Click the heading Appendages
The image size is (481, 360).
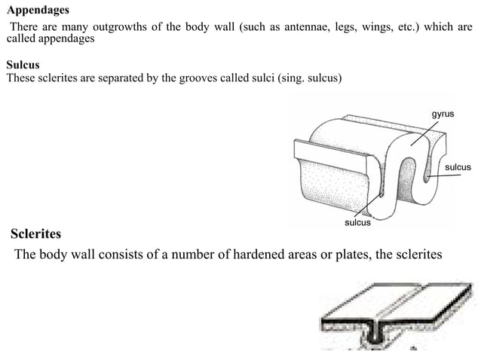pos(37,11)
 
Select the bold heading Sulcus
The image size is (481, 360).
pos(23,66)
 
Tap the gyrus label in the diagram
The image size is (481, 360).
pos(443,113)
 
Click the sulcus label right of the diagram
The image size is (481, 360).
pos(458,166)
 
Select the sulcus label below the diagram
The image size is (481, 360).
pos(357,223)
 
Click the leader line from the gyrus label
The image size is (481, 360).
pos(426,132)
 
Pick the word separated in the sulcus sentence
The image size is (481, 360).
pos(109,78)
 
